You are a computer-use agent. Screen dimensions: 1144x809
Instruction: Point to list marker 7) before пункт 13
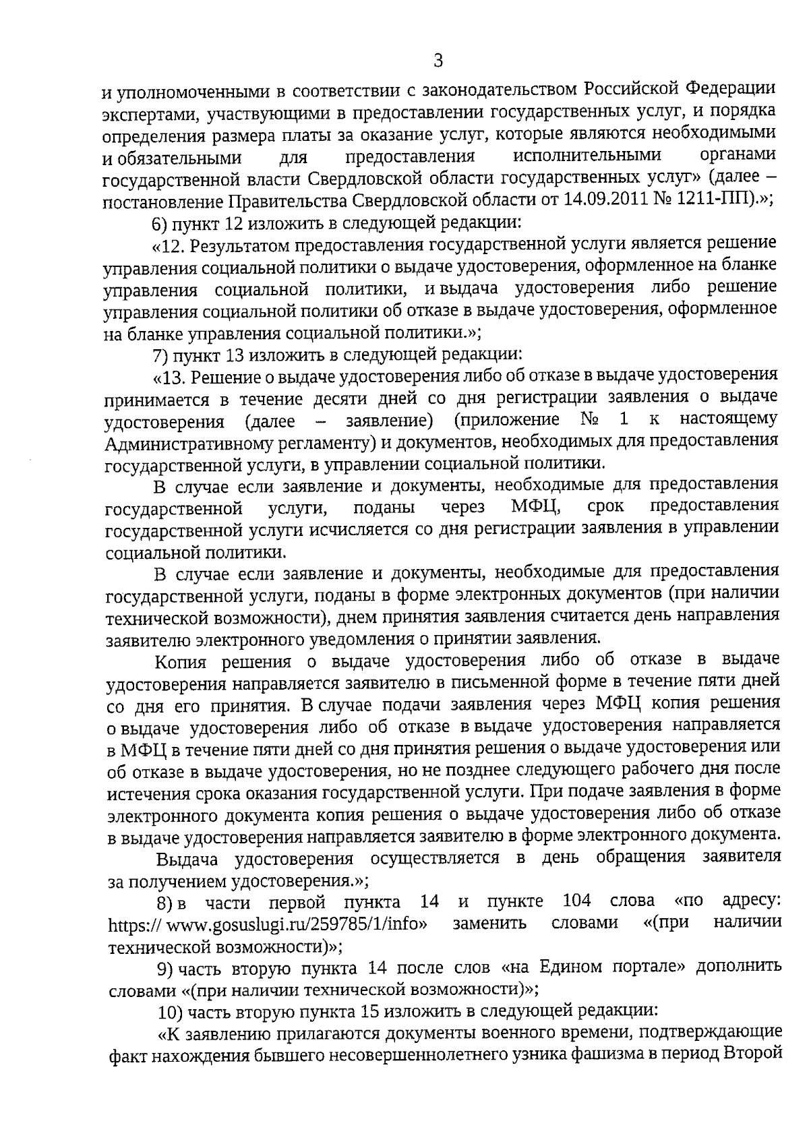[160, 353]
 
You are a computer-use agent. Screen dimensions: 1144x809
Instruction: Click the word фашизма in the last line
[595, 1054]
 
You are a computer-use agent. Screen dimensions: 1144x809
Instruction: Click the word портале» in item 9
[647, 967]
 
